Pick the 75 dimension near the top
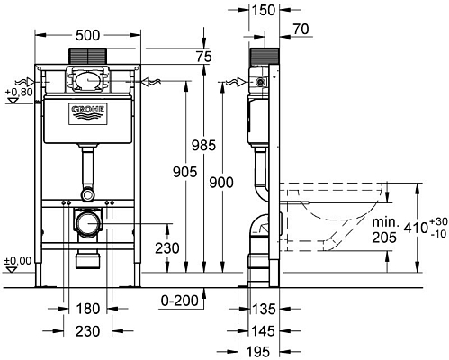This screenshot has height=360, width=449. (x=204, y=56)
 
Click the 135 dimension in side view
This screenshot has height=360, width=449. (x=262, y=310)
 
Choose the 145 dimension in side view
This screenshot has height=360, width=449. (x=262, y=329)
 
